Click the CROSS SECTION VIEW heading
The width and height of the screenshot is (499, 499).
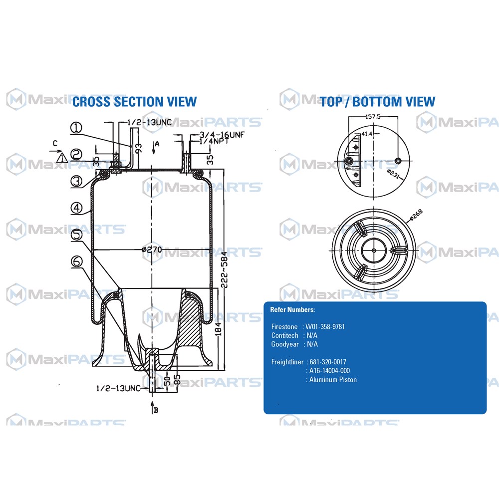click(x=134, y=102)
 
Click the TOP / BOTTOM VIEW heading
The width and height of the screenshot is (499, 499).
click(x=377, y=102)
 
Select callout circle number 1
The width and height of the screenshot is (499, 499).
click(x=76, y=128)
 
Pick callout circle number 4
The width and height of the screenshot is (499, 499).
click(x=76, y=208)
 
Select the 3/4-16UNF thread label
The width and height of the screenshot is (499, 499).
click(x=221, y=135)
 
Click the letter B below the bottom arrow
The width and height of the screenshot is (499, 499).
click(x=156, y=411)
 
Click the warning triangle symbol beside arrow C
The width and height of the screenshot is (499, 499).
click(x=61, y=158)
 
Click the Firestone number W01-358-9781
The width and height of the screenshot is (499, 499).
click(x=325, y=327)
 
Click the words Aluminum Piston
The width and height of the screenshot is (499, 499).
click(x=333, y=380)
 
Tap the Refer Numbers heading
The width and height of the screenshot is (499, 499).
click(x=292, y=310)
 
